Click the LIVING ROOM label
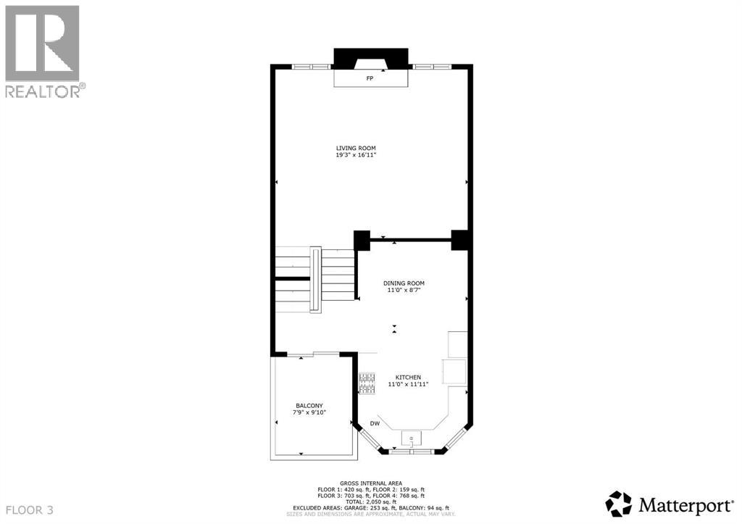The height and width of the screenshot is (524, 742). pos(356,148)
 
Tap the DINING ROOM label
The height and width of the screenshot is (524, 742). pos(404,283)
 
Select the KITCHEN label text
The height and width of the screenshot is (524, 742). pos(408,378)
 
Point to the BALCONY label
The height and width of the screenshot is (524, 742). pos(309,405)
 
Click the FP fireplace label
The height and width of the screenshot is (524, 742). pos(370,78)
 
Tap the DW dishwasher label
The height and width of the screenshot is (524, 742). pos(375,423)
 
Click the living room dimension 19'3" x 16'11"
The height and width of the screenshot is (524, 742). pos(356,155)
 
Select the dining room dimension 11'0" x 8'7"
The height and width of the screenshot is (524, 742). pos(404,290)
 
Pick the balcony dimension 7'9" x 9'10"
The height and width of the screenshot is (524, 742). pos(309,412)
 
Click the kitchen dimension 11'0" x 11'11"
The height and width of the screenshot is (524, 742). pos(408,384)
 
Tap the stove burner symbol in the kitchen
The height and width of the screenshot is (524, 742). pos(367,383)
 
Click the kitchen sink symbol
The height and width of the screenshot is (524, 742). pos(412,439)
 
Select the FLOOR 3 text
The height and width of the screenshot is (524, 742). pos(28,510)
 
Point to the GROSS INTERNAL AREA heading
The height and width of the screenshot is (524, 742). pos(370,482)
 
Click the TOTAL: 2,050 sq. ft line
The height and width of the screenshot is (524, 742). pos(370,502)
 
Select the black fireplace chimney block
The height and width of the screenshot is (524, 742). pos(370,58)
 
